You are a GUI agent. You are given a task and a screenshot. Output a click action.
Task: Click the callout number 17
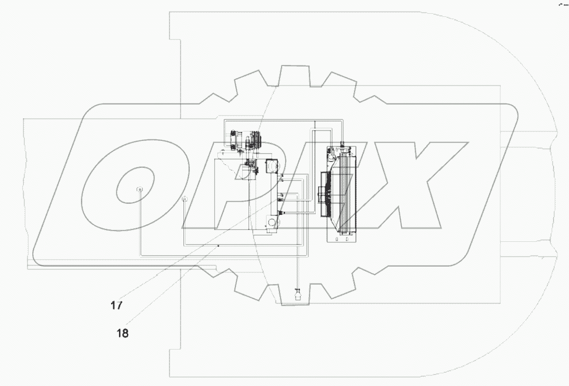[x=116, y=305]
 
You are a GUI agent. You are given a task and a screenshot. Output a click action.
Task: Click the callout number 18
[x=122, y=333]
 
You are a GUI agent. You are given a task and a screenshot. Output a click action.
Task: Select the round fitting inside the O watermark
[x=140, y=190]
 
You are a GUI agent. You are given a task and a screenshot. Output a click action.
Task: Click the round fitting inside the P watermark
[x=185, y=200]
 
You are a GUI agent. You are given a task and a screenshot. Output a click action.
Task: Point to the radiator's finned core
[x=346, y=193]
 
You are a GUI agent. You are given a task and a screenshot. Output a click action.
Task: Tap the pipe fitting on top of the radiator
[x=342, y=143]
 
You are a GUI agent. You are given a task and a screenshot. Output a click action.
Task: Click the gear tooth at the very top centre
[x=294, y=74]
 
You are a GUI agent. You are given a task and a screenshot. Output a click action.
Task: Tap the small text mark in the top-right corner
[x=562, y=4]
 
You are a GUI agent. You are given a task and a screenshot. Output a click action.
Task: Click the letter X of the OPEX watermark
[x=418, y=187]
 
